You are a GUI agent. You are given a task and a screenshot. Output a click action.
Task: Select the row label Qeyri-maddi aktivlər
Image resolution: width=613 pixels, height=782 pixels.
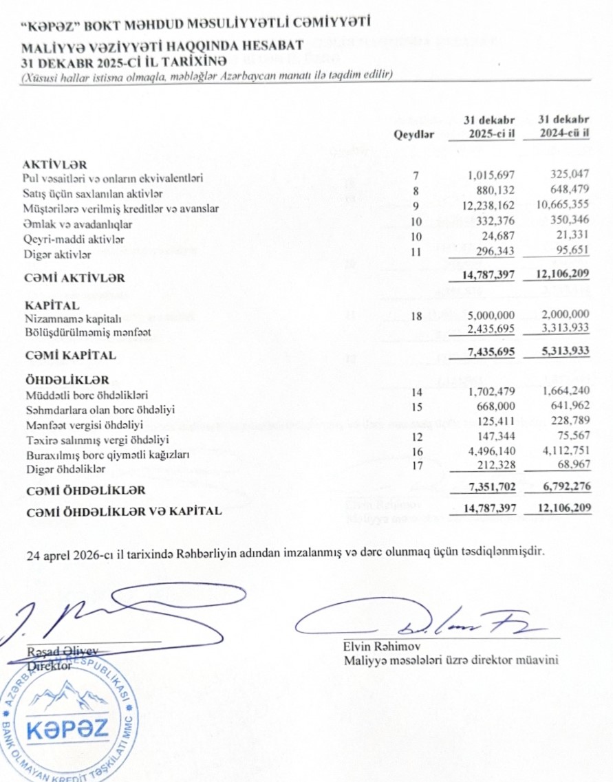tap(74, 239)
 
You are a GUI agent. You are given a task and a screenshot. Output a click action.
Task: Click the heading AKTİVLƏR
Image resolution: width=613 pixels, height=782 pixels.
tap(55, 164)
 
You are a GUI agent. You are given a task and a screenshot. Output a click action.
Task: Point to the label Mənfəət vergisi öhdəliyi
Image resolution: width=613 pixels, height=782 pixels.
tap(83, 424)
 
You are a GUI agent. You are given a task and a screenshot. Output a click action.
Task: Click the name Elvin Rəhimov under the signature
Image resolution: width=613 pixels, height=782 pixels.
tap(382, 647)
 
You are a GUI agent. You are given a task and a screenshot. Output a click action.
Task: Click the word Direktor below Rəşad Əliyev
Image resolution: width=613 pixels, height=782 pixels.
tap(49, 666)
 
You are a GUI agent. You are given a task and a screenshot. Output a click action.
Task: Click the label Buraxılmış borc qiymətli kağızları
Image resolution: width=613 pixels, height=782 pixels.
tap(107, 455)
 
